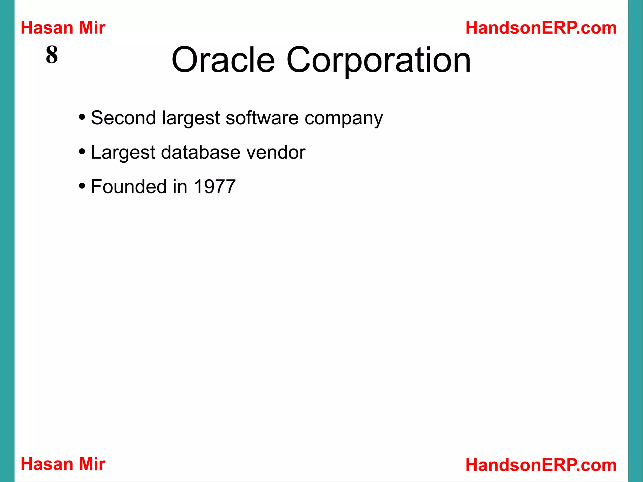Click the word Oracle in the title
[x=223, y=60]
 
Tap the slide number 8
[x=52, y=55]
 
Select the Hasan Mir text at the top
[x=63, y=28]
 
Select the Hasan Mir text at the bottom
[x=63, y=464]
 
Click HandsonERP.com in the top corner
[x=541, y=28]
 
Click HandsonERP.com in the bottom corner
[x=541, y=465]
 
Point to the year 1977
[x=215, y=187]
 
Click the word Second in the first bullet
[x=123, y=118]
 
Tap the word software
[x=262, y=118]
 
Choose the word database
[x=201, y=152]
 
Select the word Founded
[x=129, y=187]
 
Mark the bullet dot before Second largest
[x=82, y=117]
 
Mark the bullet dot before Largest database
[x=82, y=152]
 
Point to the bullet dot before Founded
[x=82, y=186]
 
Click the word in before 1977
[x=180, y=187]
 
